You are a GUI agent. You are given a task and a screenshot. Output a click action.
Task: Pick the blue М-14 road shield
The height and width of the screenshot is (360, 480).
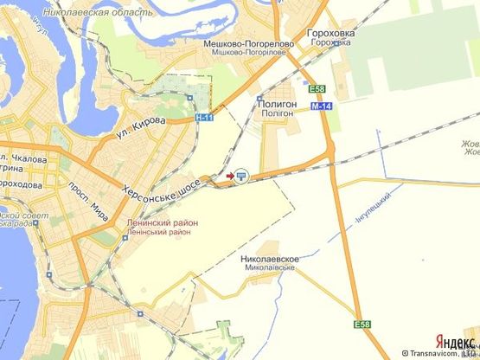pos(321,105)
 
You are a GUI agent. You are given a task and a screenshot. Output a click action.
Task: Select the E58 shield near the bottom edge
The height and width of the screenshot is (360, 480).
pos(362,324)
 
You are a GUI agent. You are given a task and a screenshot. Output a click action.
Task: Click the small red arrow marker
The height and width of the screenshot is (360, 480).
pos(229,176)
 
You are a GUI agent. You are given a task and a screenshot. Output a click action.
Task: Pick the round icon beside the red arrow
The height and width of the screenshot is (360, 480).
pos(241,176)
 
